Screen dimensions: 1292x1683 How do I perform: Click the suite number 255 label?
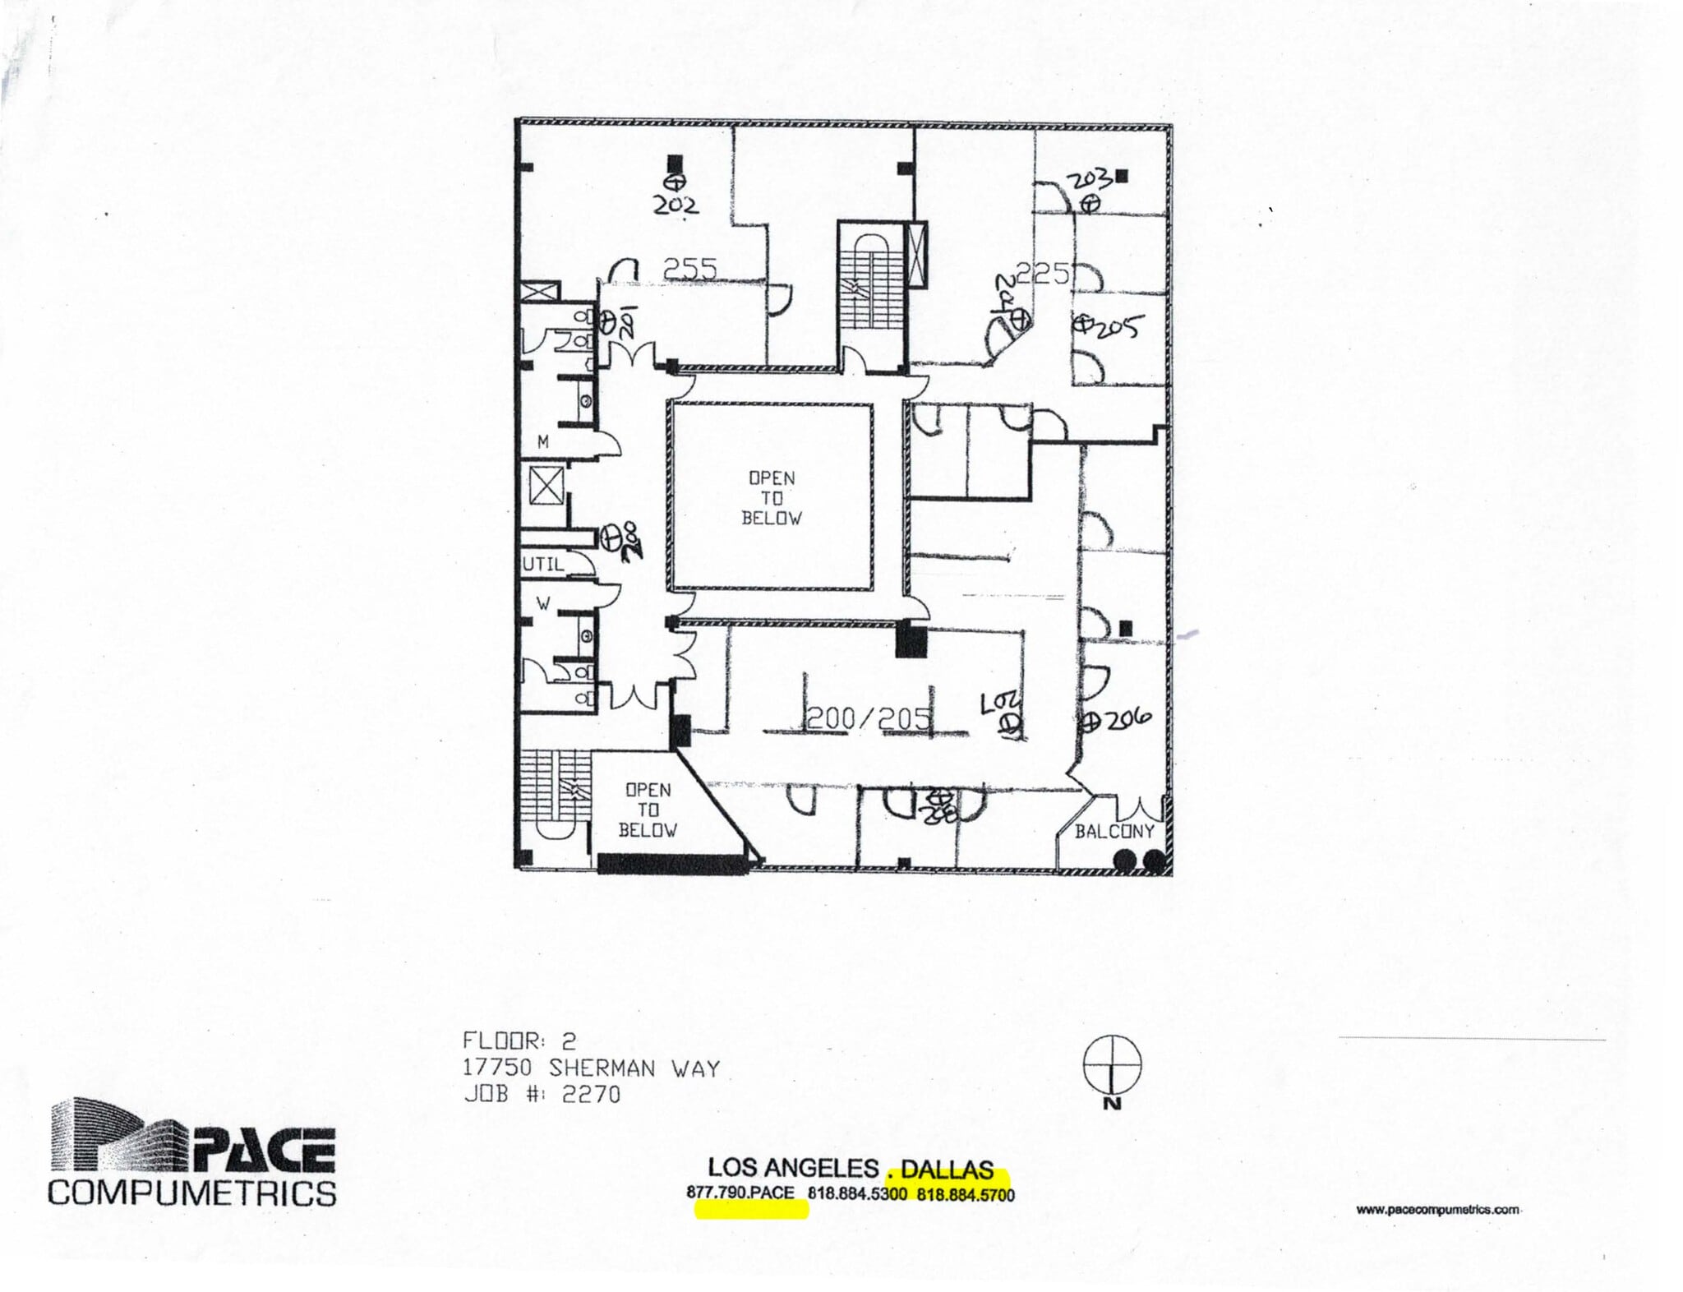pos(690,269)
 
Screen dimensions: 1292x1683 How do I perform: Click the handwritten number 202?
pos(676,205)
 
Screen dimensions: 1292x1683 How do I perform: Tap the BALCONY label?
pos(1114,831)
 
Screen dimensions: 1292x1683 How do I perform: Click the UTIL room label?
pos(543,565)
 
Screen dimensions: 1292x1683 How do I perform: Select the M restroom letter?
pos(542,442)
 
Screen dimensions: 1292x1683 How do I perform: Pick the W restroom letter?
pos(542,603)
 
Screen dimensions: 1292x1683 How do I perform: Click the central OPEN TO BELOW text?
pos(771,497)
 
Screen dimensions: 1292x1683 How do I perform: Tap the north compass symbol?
pos(1112,1064)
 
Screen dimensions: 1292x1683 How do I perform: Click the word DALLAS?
pos(948,1169)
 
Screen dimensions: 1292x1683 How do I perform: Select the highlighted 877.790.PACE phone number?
pos(740,1193)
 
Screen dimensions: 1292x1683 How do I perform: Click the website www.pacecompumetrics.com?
pos(1436,1209)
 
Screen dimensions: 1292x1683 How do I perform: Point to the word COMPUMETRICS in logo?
pos(191,1192)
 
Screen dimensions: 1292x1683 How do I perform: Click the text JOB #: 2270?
pos(542,1094)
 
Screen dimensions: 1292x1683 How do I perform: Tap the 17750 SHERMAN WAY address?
pos(591,1068)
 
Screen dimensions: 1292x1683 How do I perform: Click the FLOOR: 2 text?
pos(519,1041)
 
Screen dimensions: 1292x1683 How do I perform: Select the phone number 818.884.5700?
pos(966,1194)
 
